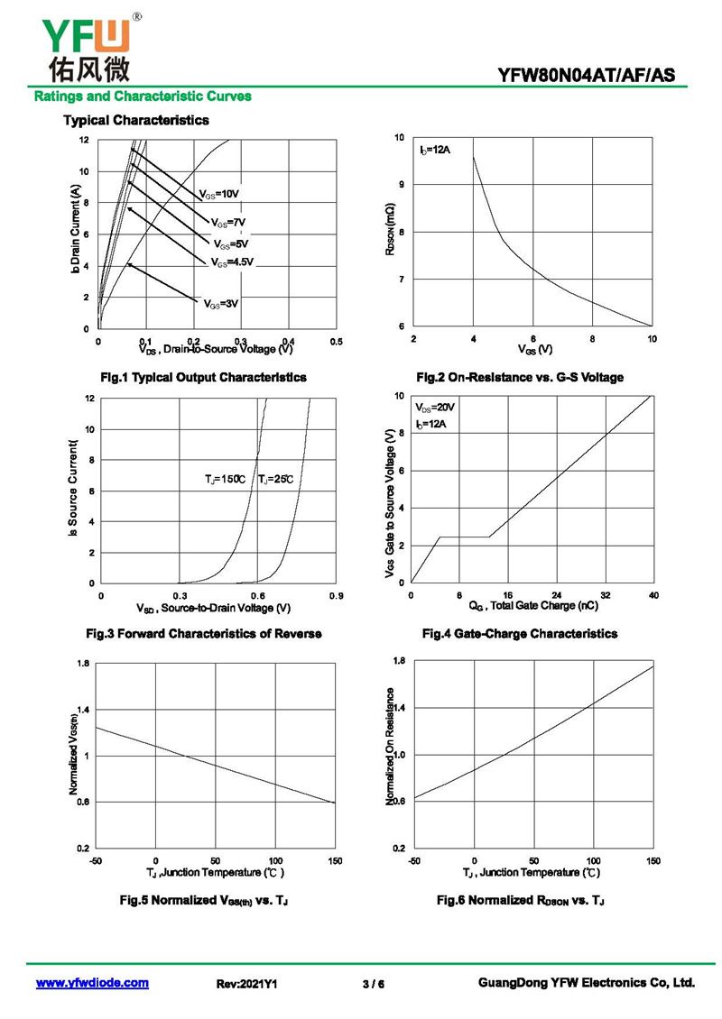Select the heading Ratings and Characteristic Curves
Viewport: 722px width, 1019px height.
point(143,96)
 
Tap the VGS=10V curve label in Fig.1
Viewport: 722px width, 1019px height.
point(219,194)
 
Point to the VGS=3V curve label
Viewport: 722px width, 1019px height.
point(221,304)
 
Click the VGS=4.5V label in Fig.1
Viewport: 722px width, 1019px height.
point(233,262)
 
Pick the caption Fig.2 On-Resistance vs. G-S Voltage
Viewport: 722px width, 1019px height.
point(520,377)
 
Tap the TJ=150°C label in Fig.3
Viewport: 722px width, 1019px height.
point(225,479)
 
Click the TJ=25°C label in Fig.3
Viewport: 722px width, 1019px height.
point(276,479)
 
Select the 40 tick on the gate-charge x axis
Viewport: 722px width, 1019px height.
point(653,595)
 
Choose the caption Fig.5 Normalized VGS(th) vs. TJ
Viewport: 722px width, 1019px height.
point(204,900)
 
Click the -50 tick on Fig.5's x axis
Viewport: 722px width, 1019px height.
point(96,861)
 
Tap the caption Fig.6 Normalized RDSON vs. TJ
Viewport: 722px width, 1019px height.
point(521,900)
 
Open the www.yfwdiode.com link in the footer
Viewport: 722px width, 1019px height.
point(92,983)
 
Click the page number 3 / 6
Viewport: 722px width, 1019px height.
point(373,984)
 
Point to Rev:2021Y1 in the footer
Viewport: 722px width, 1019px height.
point(246,984)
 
